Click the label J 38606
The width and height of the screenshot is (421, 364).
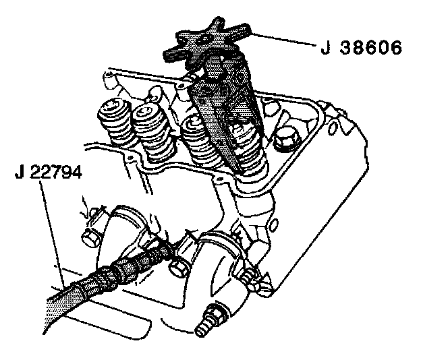coord(361,48)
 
